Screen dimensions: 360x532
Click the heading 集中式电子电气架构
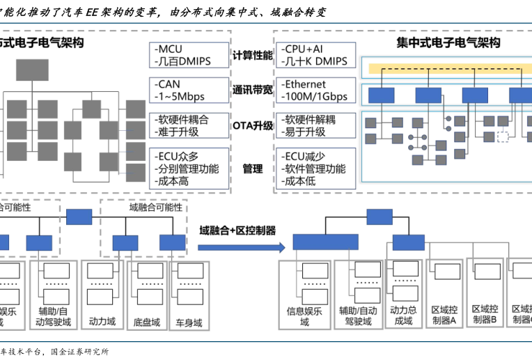[x=448, y=42]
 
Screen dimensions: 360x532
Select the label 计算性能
[x=252, y=55]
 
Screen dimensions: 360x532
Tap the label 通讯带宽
[x=252, y=91]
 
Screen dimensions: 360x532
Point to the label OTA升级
[x=252, y=125]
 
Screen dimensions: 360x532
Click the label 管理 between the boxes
[x=252, y=169]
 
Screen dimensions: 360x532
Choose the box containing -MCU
[x=189, y=55]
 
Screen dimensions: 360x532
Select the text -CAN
[x=169, y=84]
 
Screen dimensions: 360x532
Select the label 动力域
[x=102, y=322]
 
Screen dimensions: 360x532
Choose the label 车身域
[x=188, y=322]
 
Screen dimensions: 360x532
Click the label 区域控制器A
[x=444, y=315]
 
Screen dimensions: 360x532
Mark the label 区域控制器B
[x=485, y=314]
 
